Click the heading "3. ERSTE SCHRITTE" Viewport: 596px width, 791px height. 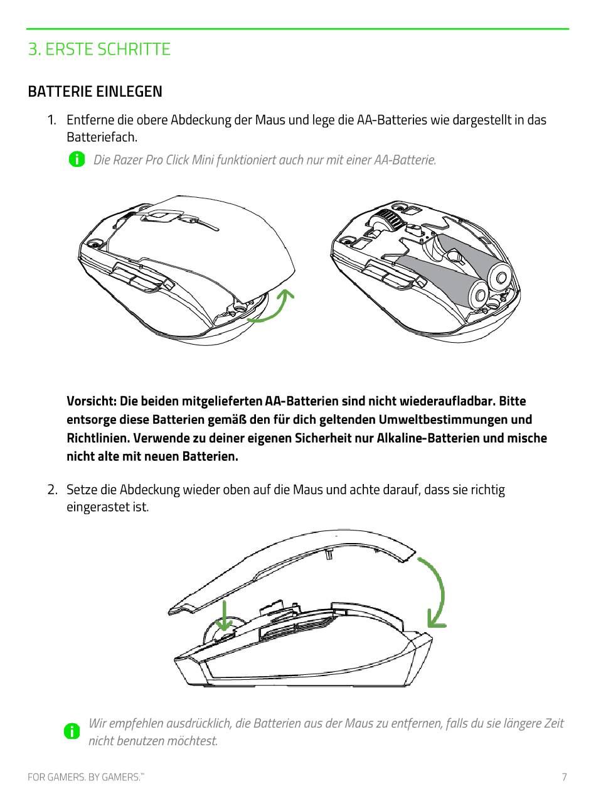pyautogui.click(x=99, y=49)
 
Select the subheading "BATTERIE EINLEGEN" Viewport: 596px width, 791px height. pyautogui.click(x=95, y=91)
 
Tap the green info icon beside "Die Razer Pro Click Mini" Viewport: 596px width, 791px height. pyautogui.click(x=77, y=159)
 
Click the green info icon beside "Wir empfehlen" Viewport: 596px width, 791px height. pyautogui.click(x=72, y=731)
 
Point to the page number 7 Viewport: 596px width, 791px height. pyautogui.click(x=564, y=776)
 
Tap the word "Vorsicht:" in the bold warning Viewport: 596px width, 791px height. pyautogui.click(x=92, y=401)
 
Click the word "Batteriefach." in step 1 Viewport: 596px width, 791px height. pyautogui.click(x=102, y=137)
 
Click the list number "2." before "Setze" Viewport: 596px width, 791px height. pyautogui.click(x=53, y=490)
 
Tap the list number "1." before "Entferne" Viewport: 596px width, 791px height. pyautogui.click(x=52, y=120)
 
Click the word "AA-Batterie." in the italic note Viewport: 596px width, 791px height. pyautogui.click(x=405, y=159)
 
